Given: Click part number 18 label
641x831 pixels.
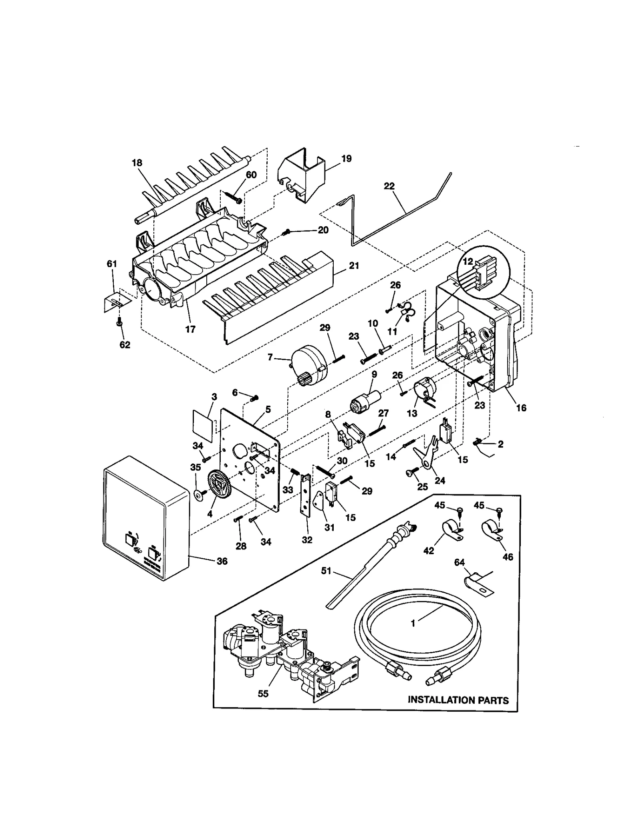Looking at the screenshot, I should coord(137,163).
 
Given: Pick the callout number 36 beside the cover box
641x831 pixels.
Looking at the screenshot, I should coord(222,561).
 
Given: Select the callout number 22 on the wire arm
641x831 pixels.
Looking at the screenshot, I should coord(389,186).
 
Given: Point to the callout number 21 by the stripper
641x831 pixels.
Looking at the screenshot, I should coord(354,266).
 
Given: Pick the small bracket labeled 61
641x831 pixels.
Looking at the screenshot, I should coord(115,300).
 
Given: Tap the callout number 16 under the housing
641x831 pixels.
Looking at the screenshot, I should coord(521,408).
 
